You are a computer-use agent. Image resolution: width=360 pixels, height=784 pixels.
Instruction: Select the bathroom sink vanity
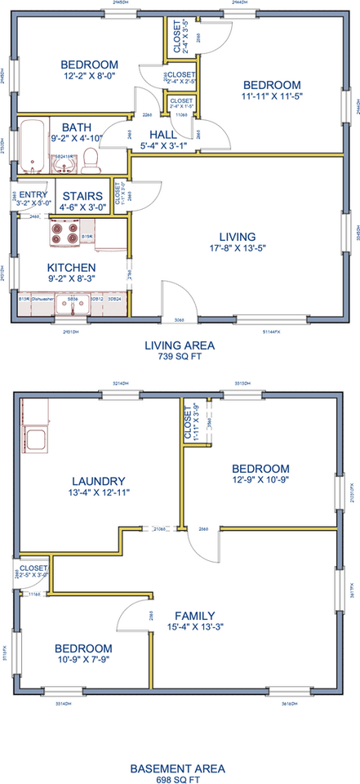click(64, 164)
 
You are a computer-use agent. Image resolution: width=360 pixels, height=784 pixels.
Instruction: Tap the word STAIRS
click(82, 196)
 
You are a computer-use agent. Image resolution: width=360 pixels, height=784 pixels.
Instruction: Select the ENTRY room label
click(33, 194)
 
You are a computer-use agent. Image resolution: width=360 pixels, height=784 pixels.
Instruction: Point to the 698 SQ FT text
click(179, 780)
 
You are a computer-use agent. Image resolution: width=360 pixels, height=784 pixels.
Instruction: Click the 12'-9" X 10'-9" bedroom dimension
click(260, 479)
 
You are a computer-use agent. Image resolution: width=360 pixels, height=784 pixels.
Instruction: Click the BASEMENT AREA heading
click(179, 768)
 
